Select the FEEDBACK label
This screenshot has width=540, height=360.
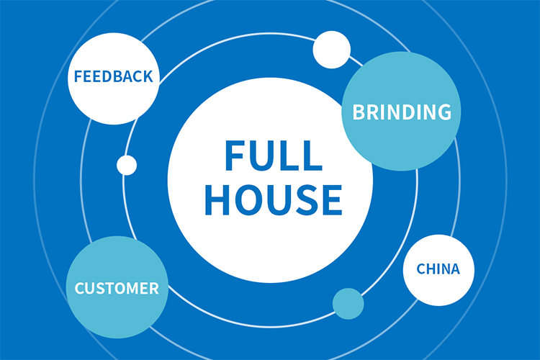pyautogui.click(x=113, y=76)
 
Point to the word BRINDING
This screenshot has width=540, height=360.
pyautogui.click(x=401, y=112)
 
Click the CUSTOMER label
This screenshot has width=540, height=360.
pyautogui.click(x=117, y=289)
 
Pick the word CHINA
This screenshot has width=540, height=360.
pyautogui.click(x=438, y=269)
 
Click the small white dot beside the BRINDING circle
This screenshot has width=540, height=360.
pyautogui.click(x=331, y=50)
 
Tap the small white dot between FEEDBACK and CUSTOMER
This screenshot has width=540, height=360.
pyautogui.click(x=127, y=165)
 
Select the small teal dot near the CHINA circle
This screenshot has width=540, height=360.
pyautogui.click(x=348, y=303)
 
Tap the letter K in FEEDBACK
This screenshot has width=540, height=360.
pyautogui.click(x=148, y=76)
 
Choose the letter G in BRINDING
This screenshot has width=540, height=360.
pyautogui.click(x=443, y=112)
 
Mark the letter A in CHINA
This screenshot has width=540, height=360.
pyautogui.click(x=454, y=269)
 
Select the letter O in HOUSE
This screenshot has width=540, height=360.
pyautogui.click(x=246, y=199)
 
